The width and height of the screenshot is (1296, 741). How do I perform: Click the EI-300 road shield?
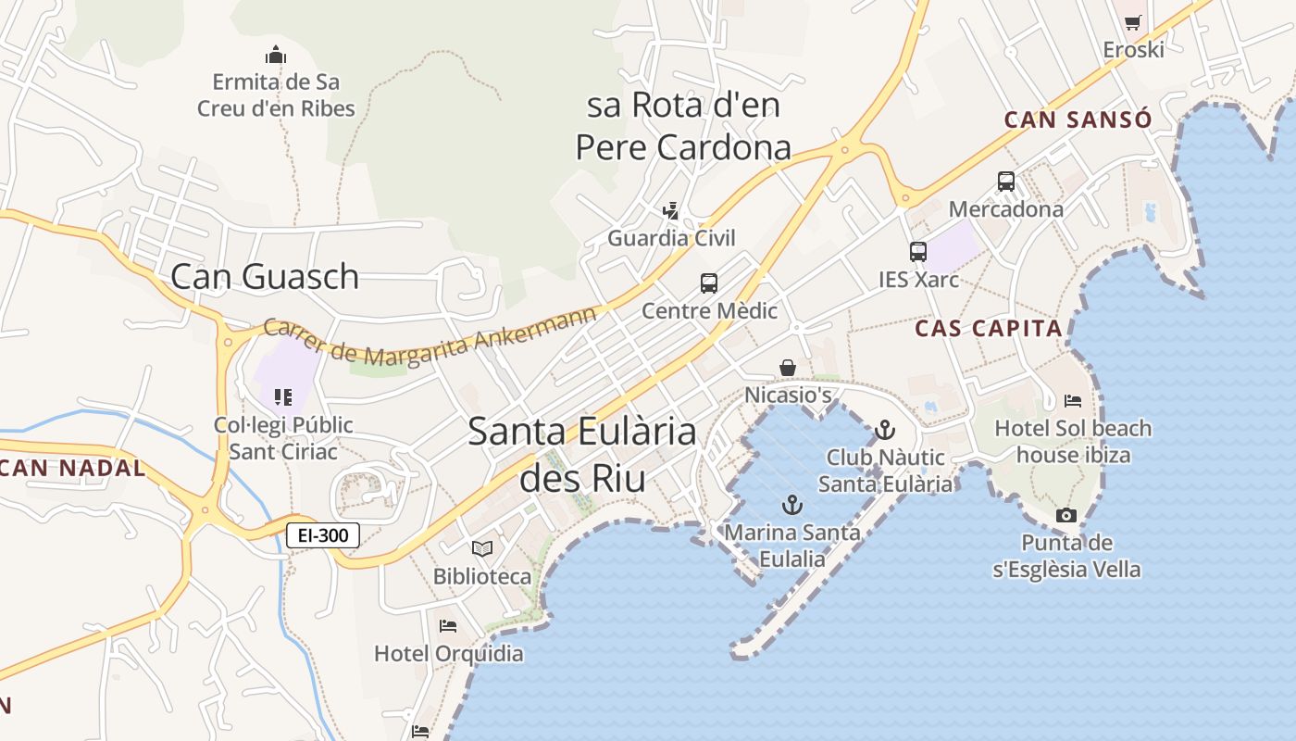coord(322,534)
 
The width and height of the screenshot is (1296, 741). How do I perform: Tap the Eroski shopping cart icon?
coord(1133,22)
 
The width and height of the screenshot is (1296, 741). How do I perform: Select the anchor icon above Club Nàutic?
coord(885,430)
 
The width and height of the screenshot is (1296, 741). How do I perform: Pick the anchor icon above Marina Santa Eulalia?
coord(791,505)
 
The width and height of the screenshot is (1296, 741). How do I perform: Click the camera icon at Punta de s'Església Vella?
coord(1066,515)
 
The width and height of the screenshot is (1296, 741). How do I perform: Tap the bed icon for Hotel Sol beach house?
coord(1073,401)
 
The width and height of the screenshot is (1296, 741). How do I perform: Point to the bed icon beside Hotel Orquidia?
coord(448,626)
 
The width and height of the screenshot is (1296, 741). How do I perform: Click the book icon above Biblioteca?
coord(481,548)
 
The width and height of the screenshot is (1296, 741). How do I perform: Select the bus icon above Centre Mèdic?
coord(709,283)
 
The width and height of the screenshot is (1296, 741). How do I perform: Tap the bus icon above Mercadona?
coord(1006,182)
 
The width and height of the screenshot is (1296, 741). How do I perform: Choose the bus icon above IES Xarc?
coord(917,251)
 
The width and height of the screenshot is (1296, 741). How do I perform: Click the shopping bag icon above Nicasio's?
coord(788,368)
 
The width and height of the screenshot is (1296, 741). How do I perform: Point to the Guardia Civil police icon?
coord(671,211)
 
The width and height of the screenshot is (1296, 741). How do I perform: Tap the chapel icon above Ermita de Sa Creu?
coord(275,55)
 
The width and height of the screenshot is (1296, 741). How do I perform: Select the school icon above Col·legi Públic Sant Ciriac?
coord(283,397)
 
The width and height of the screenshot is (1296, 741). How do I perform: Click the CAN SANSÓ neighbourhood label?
coord(1078,119)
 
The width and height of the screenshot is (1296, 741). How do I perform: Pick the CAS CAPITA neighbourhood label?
coord(988,328)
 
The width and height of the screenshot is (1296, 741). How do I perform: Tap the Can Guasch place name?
coord(265,276)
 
